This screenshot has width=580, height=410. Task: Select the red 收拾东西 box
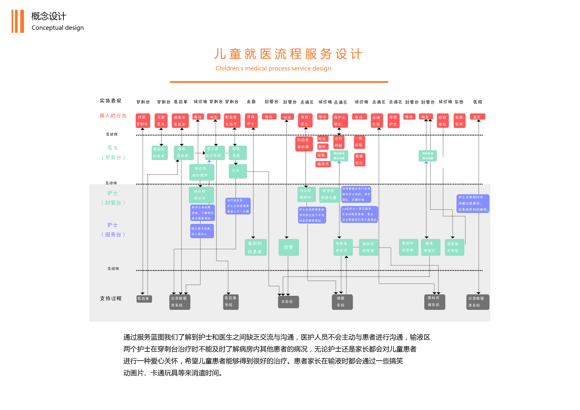pos(459,121)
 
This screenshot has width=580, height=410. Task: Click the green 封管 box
pos(289,247)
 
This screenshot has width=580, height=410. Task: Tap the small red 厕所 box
pos(322,147)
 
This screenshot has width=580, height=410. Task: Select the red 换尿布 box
pos(323,164)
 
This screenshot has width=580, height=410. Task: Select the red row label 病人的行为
pos(113,116)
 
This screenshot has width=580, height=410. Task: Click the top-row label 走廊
pos(251,102)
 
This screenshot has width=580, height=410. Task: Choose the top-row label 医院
pos(478,102)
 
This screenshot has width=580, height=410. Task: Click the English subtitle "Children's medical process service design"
pos(273,68)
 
